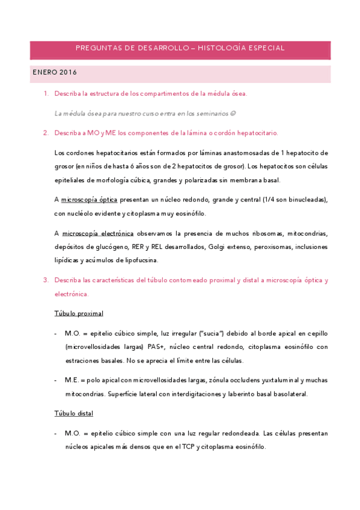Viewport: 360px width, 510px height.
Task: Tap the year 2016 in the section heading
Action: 68,72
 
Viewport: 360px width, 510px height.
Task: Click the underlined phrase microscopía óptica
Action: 90,200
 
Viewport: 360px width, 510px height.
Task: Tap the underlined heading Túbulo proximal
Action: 79,313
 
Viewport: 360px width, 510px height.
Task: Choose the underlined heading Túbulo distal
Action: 73,414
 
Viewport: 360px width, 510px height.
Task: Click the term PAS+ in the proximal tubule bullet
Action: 173,346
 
